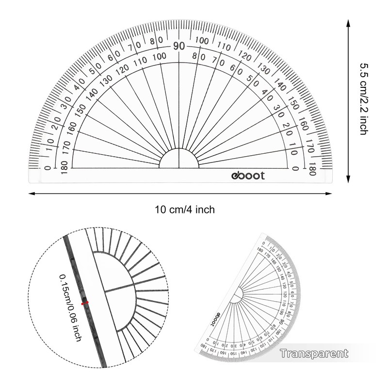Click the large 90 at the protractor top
179,47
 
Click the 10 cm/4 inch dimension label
184,210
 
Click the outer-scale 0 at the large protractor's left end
47,168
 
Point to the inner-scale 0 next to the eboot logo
295,168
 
